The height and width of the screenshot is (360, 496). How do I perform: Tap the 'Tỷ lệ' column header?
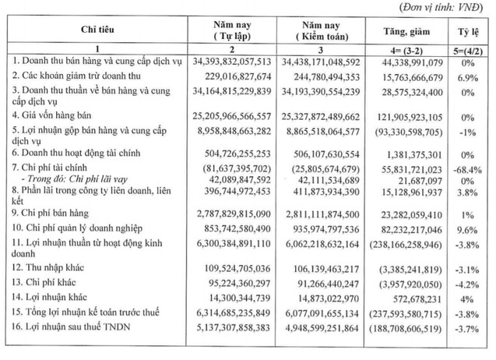(x=469, y=30)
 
